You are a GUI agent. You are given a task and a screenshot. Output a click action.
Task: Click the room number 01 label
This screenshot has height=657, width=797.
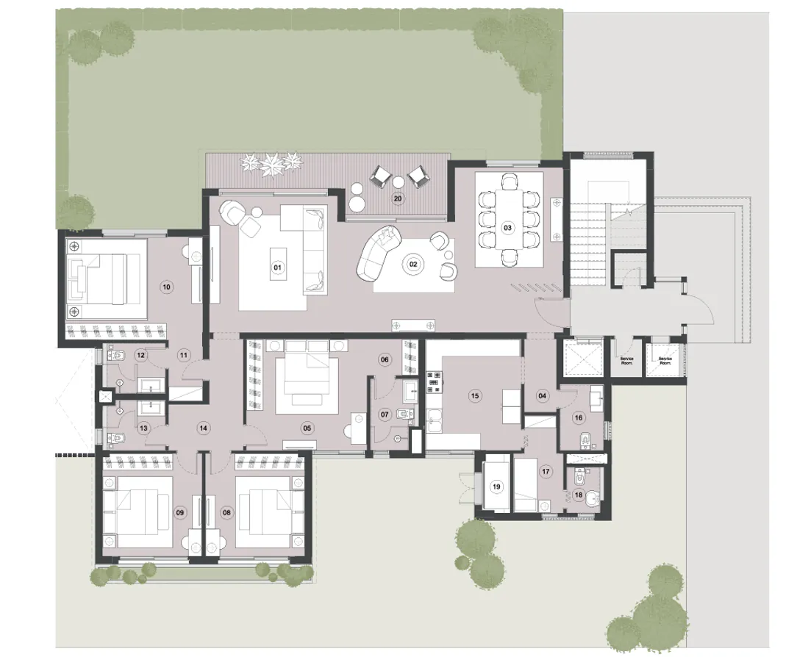pos(278,268)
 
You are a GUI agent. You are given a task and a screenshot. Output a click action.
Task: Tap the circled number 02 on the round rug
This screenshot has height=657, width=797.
pos(412,263)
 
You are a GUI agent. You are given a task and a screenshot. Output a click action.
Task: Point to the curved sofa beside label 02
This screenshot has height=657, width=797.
pos(373,254)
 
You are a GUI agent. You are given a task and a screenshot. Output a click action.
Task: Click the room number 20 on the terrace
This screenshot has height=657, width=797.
pos(398,198)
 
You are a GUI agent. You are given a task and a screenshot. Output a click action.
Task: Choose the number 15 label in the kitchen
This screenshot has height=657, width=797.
pos(474,395)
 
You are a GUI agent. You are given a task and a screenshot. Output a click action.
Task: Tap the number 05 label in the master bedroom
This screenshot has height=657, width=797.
pos(307,427)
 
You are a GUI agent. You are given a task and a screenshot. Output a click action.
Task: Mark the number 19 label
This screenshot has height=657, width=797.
pos(496,486)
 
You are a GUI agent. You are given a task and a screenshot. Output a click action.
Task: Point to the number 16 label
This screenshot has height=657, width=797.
pos(579,417)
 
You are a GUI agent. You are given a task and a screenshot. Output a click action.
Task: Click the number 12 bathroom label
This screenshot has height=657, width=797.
pos(141,355)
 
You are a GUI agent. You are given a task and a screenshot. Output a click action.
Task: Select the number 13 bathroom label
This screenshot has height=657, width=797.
pos(143,428)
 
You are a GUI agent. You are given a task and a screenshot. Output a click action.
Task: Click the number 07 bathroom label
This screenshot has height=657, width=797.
pos(384,414)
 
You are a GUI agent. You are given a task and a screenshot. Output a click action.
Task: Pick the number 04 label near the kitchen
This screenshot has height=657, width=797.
pos(543,395)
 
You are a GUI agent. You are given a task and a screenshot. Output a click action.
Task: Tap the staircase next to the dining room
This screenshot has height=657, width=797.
pos(588,235)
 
